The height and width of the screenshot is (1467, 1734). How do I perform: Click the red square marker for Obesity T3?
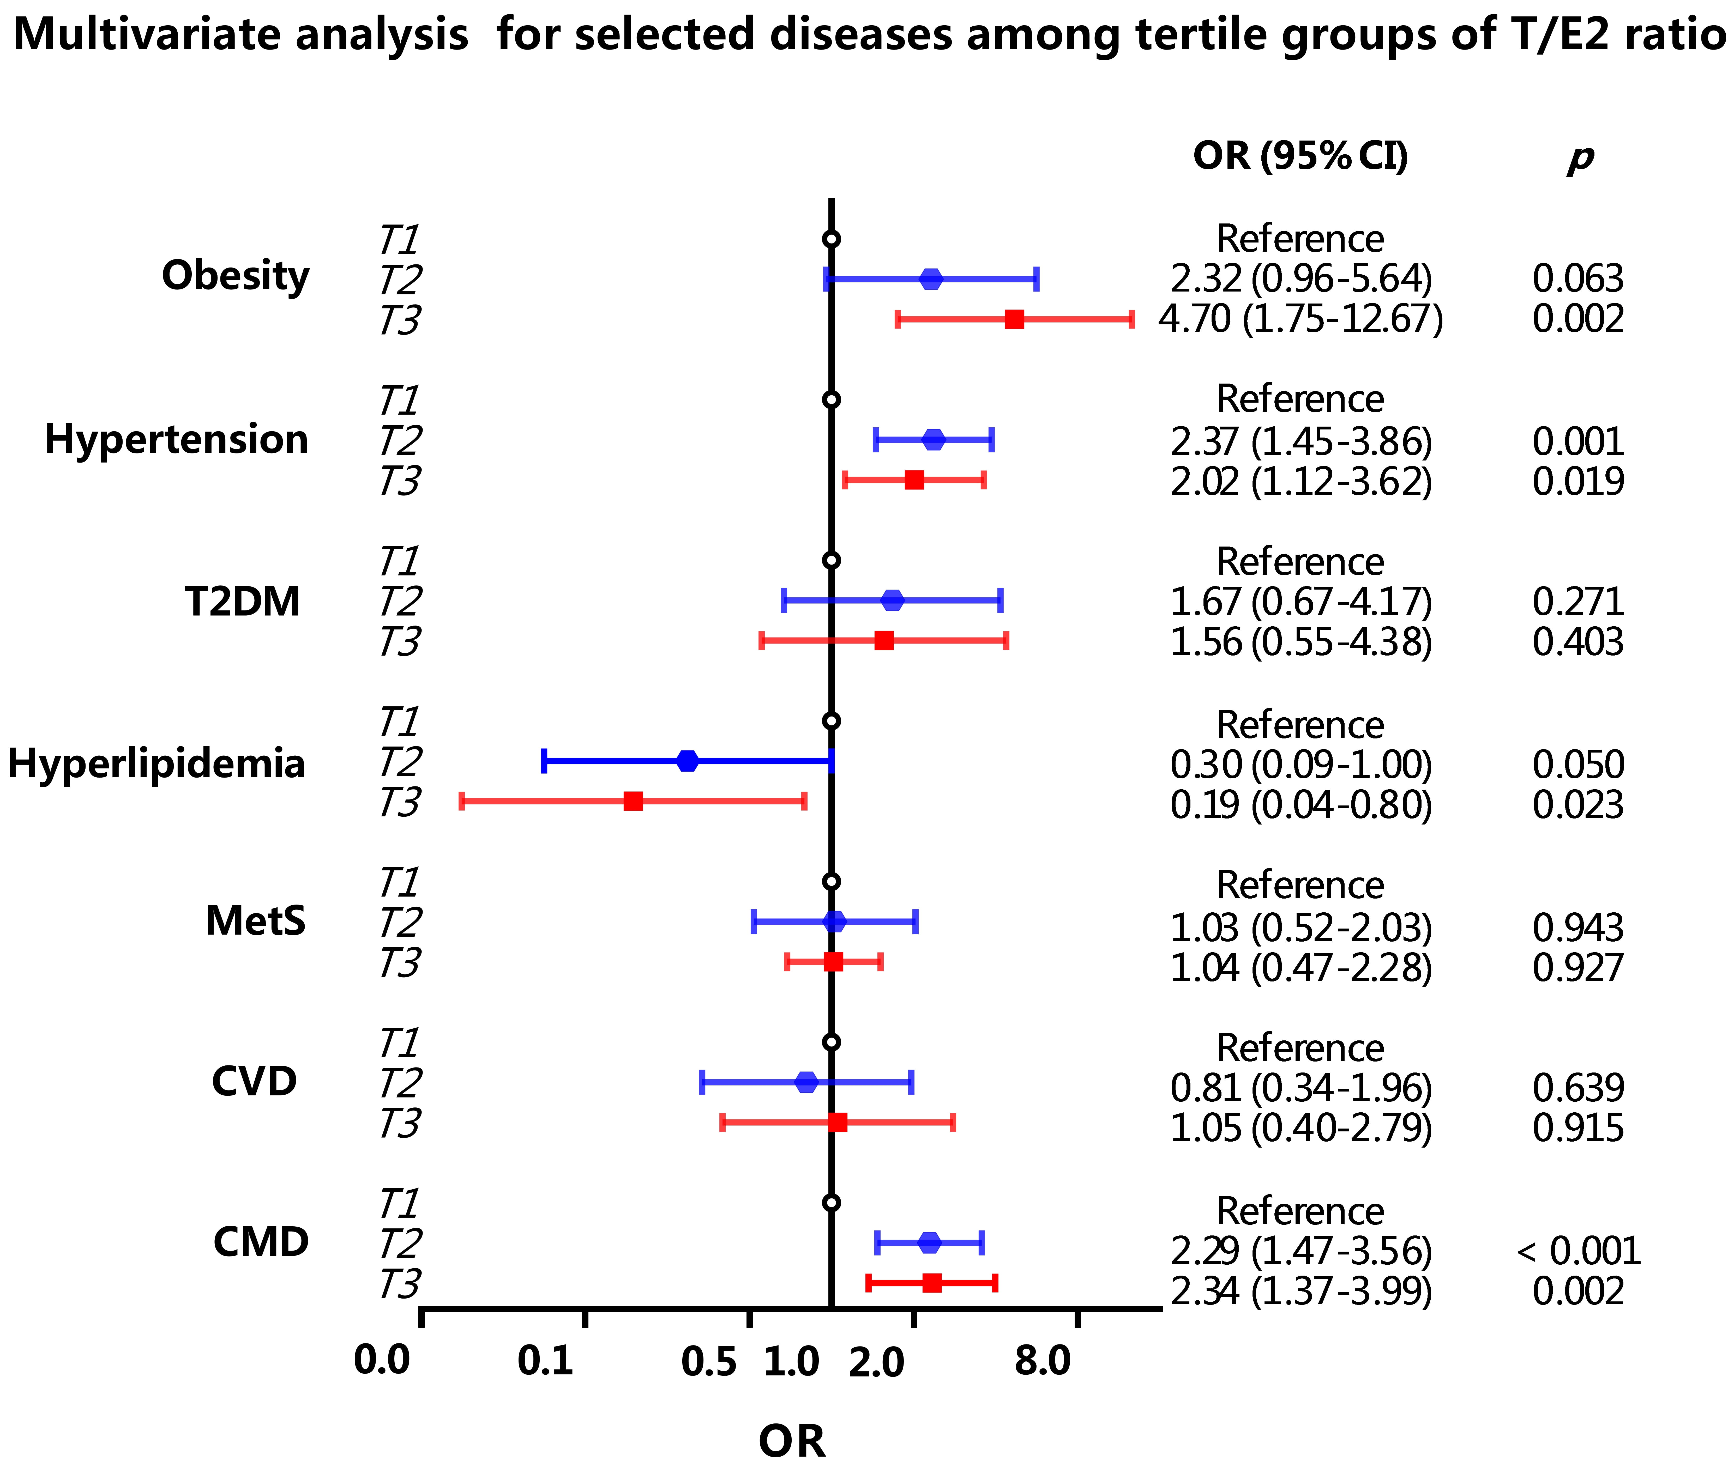1014,319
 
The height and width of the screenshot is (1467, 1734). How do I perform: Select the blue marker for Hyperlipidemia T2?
687,761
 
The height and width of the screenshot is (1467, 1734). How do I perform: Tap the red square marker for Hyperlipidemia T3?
633,801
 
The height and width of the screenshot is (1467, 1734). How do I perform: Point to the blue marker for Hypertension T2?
934,440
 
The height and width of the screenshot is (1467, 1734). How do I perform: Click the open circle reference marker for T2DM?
831,561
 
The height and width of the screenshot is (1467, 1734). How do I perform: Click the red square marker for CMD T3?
931,1282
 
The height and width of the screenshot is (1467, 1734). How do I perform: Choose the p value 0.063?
1578,278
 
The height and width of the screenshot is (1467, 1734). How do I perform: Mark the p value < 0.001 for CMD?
1578,1251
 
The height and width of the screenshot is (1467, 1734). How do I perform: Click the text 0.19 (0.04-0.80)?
1300,805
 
